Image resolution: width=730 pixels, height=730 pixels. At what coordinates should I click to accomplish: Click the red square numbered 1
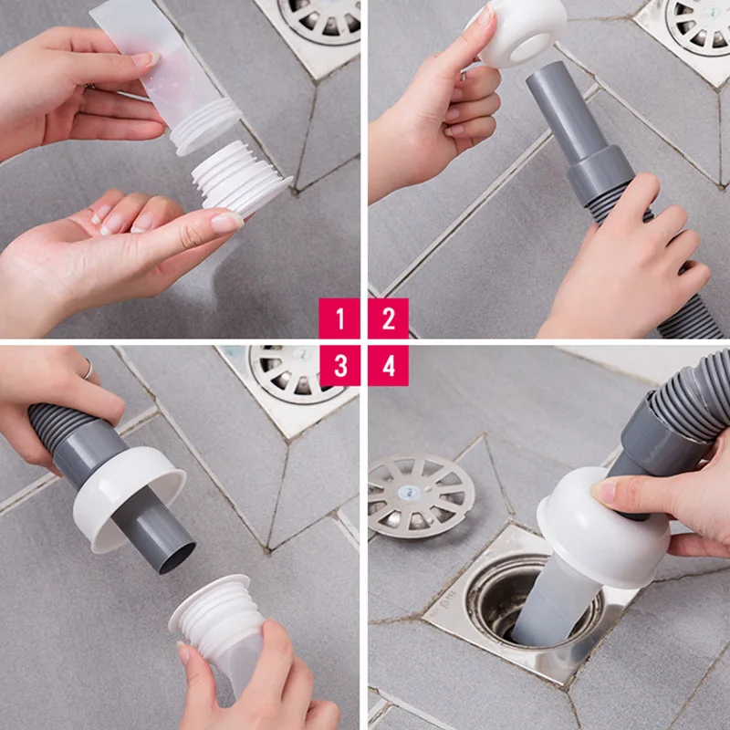click(340, 319)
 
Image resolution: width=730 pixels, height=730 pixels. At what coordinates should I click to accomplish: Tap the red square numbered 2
click(389, 319)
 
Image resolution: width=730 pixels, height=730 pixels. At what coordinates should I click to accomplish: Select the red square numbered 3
click(340, 366)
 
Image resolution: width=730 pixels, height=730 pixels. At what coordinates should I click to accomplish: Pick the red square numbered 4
click(389, 366)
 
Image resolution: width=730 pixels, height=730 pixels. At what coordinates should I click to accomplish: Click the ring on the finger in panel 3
click(89, 369)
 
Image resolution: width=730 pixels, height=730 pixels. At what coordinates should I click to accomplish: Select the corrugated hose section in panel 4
click(684, 401)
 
